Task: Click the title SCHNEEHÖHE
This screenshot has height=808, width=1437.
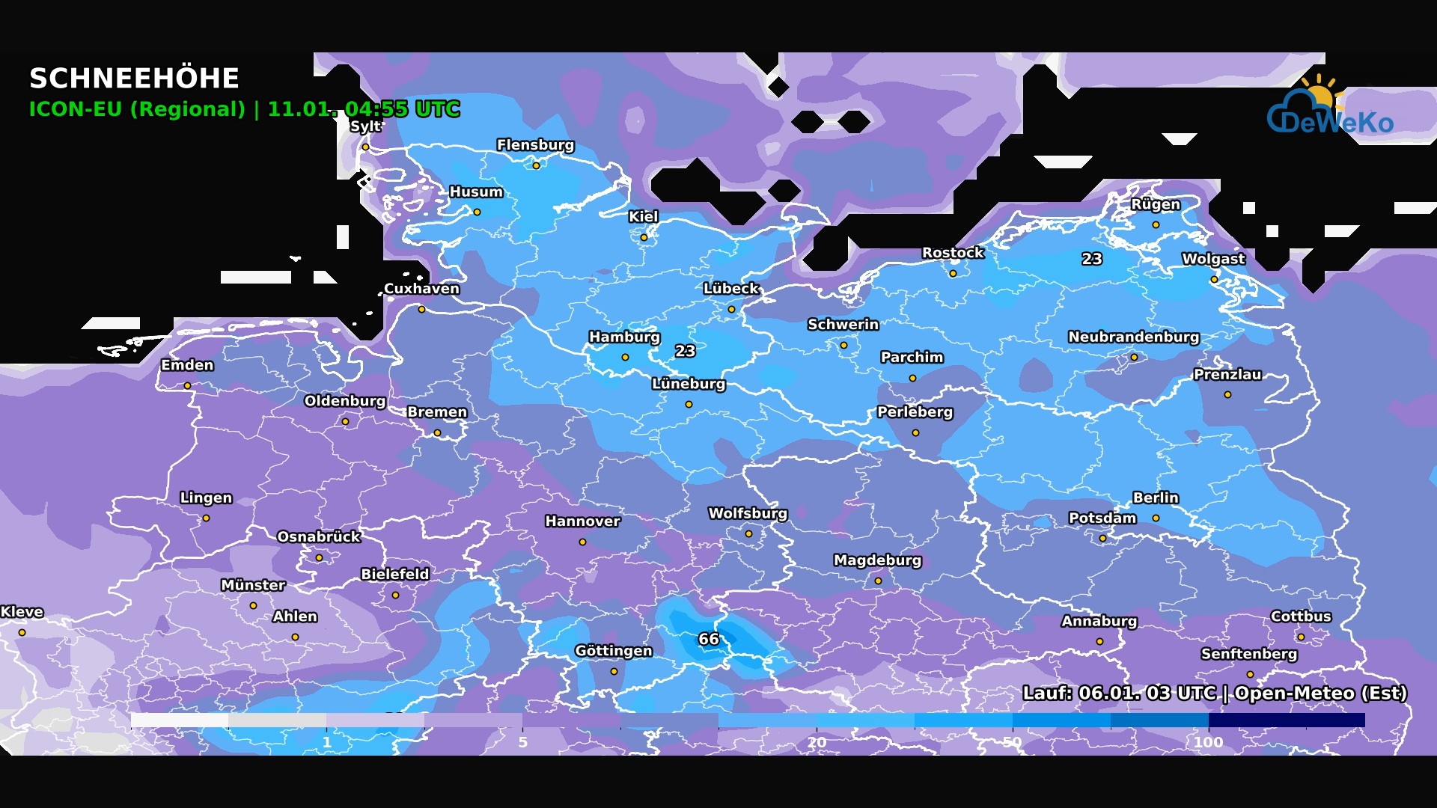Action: tap(134, 79)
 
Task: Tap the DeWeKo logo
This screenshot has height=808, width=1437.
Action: tap(1329, 109)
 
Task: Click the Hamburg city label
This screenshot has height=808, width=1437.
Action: tap(624, 337)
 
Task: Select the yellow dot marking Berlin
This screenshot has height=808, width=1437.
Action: tap(1156, 518)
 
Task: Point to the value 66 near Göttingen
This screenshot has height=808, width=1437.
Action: tap(708, 639)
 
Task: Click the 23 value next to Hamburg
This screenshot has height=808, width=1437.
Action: tap(685, 351)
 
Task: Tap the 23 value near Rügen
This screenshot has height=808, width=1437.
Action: tap(1091, 259)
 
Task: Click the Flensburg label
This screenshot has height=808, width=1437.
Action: tap(535, 145)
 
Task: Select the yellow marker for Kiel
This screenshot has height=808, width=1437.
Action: tap(644, 237)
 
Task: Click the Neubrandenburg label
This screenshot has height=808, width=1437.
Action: tap(1133, 337)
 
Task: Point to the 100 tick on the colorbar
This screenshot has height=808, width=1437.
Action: tap(1208, 742)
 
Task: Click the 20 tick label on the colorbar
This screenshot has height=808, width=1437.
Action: tap(817, 742)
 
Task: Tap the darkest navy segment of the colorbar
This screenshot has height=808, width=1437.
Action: tap(1286, 720)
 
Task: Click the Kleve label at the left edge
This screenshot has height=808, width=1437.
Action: tap(22, 612)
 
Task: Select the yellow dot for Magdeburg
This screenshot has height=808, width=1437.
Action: tap(878, 581)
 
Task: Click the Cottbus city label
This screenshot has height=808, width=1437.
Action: tap(1301, 616)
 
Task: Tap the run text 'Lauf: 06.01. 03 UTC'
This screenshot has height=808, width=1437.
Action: tap(1119, 693)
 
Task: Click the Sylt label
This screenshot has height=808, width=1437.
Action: tap(365, 126)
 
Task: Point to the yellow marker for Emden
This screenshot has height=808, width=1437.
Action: tap(187, 385)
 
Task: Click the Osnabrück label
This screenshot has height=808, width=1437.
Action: tap(319, 537)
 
